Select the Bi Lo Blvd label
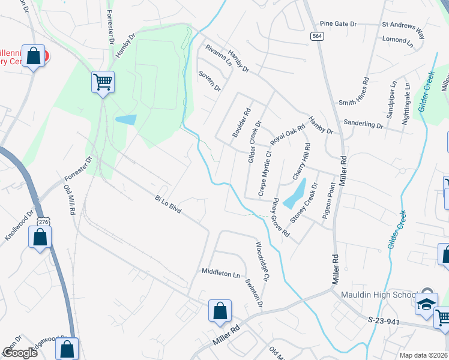coord(167,205)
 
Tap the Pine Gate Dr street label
coord(338,24)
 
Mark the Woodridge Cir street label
coord(262,262)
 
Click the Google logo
coord(20,353)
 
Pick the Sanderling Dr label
coord(363,124)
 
